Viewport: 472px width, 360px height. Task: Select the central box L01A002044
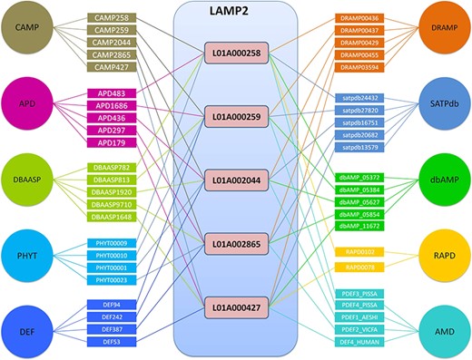[x=234, y=180]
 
